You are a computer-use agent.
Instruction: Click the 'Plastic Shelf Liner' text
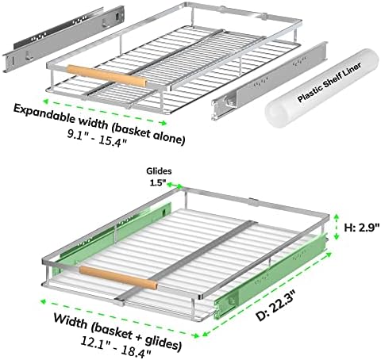(x=329, y=82)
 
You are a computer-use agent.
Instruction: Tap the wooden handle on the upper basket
(x=106, y=75)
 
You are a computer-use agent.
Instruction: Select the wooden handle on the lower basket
(x=118, y=278)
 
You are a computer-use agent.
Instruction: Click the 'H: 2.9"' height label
(x=362, y=228)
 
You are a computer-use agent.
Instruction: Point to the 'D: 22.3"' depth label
(x=276, y=304)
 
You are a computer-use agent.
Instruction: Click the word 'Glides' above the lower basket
(x=159, y=171)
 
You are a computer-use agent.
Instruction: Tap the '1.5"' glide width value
(x=158, y=182)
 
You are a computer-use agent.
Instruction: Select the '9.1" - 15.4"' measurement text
(x=97, y=138)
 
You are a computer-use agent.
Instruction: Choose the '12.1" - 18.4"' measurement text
(x=116, y=346)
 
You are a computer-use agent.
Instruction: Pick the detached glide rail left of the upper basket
(x=63, y=39)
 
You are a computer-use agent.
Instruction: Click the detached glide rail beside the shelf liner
(x=269, y=81)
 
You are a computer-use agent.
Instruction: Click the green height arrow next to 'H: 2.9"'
(x=337, y=227)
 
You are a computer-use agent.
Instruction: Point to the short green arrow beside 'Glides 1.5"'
(x=175, y=185)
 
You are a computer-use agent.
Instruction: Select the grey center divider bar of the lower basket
(x=187, y=262)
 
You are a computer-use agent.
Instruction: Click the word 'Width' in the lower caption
(x=71, y=320)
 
